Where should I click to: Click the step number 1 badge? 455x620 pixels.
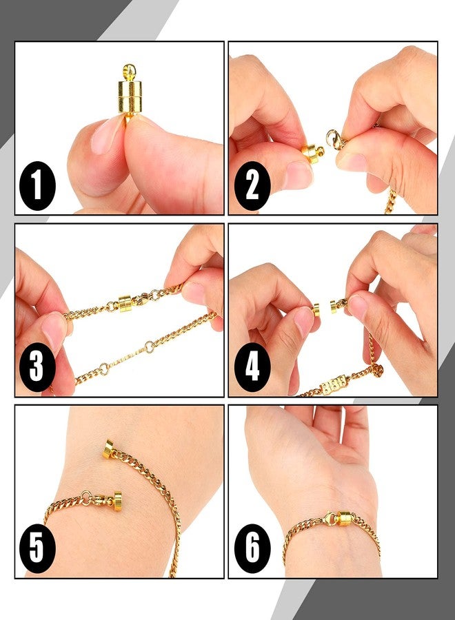click(37, 185)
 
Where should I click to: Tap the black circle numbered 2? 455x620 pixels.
click(252, 185)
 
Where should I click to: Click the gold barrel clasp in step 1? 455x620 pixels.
click(129, 96)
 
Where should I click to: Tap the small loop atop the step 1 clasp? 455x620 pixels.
click(129, 70)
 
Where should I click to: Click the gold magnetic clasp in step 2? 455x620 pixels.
click(312, 153)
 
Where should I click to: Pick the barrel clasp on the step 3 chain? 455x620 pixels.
click(125, 303)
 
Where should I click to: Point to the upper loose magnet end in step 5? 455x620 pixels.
click(108, 448)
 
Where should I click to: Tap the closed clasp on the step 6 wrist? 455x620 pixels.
click(343, 518)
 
